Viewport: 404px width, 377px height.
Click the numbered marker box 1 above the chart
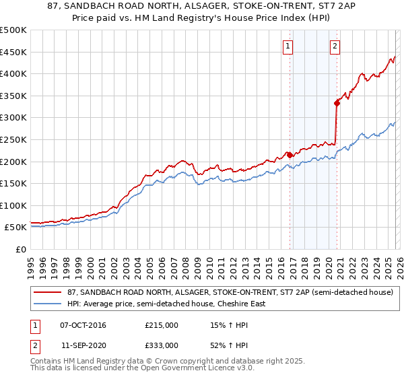click(288, 46)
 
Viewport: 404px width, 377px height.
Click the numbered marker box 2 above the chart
click(335, 46)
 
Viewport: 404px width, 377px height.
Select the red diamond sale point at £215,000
click(290, 155)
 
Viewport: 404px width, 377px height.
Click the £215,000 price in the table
click(161, 325)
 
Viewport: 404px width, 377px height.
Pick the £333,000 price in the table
click(161, 345)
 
